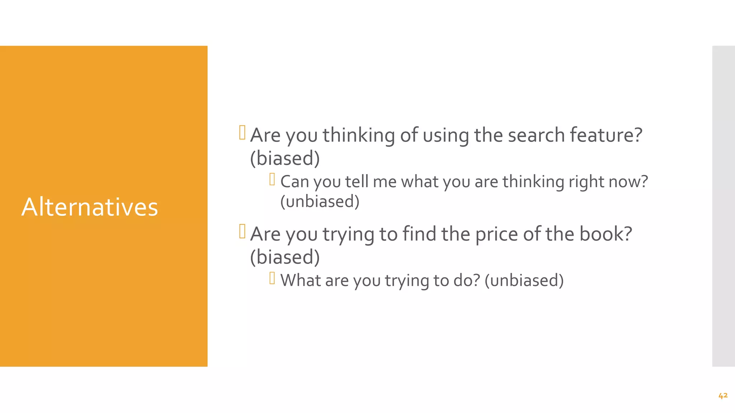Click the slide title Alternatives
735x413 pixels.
click(90, 207)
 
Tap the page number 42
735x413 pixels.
click(723, 395)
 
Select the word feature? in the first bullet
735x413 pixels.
click(606, 135)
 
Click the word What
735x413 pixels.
click(300, 280)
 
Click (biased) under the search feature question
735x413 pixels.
click(285, 158)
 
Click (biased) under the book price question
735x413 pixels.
click(285, 257)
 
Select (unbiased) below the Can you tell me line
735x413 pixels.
click(319, 201)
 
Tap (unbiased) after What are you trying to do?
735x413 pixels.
click(524, 280)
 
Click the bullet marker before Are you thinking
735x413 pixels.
click(242, 132)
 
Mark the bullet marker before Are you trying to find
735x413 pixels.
click(242, 231)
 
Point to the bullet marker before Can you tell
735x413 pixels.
click(272, 179)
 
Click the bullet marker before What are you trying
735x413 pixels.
click(272, 278)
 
